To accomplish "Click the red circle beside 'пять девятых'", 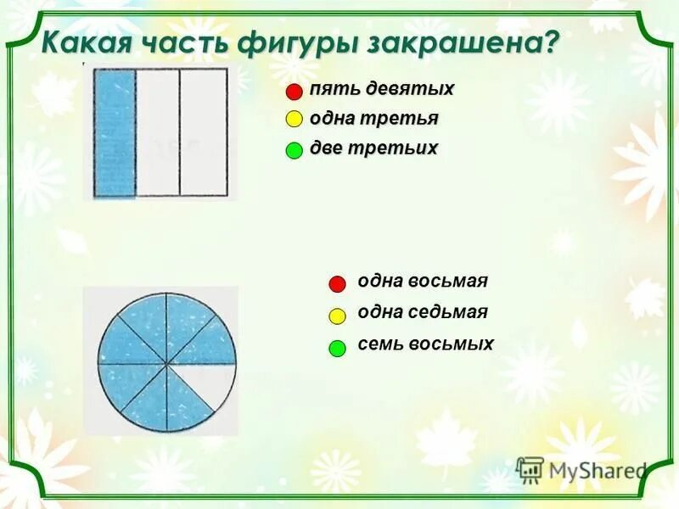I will [x=294, y=92].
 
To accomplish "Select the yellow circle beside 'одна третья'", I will [x=294, y=120].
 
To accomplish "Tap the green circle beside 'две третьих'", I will [x=294, y=150].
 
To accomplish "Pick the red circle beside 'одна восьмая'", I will [x=337, y=283].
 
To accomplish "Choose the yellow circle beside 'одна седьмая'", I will [x=337, y=316].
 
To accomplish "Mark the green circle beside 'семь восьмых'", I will [x=337, y=347].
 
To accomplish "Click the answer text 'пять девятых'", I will [x=382, y=89].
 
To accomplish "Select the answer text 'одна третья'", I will [x=374, y=119].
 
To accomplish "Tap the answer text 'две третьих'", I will [x=374, y=148].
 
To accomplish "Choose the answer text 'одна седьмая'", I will [x=423, y=312].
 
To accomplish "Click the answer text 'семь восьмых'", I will [x=425, y=344].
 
